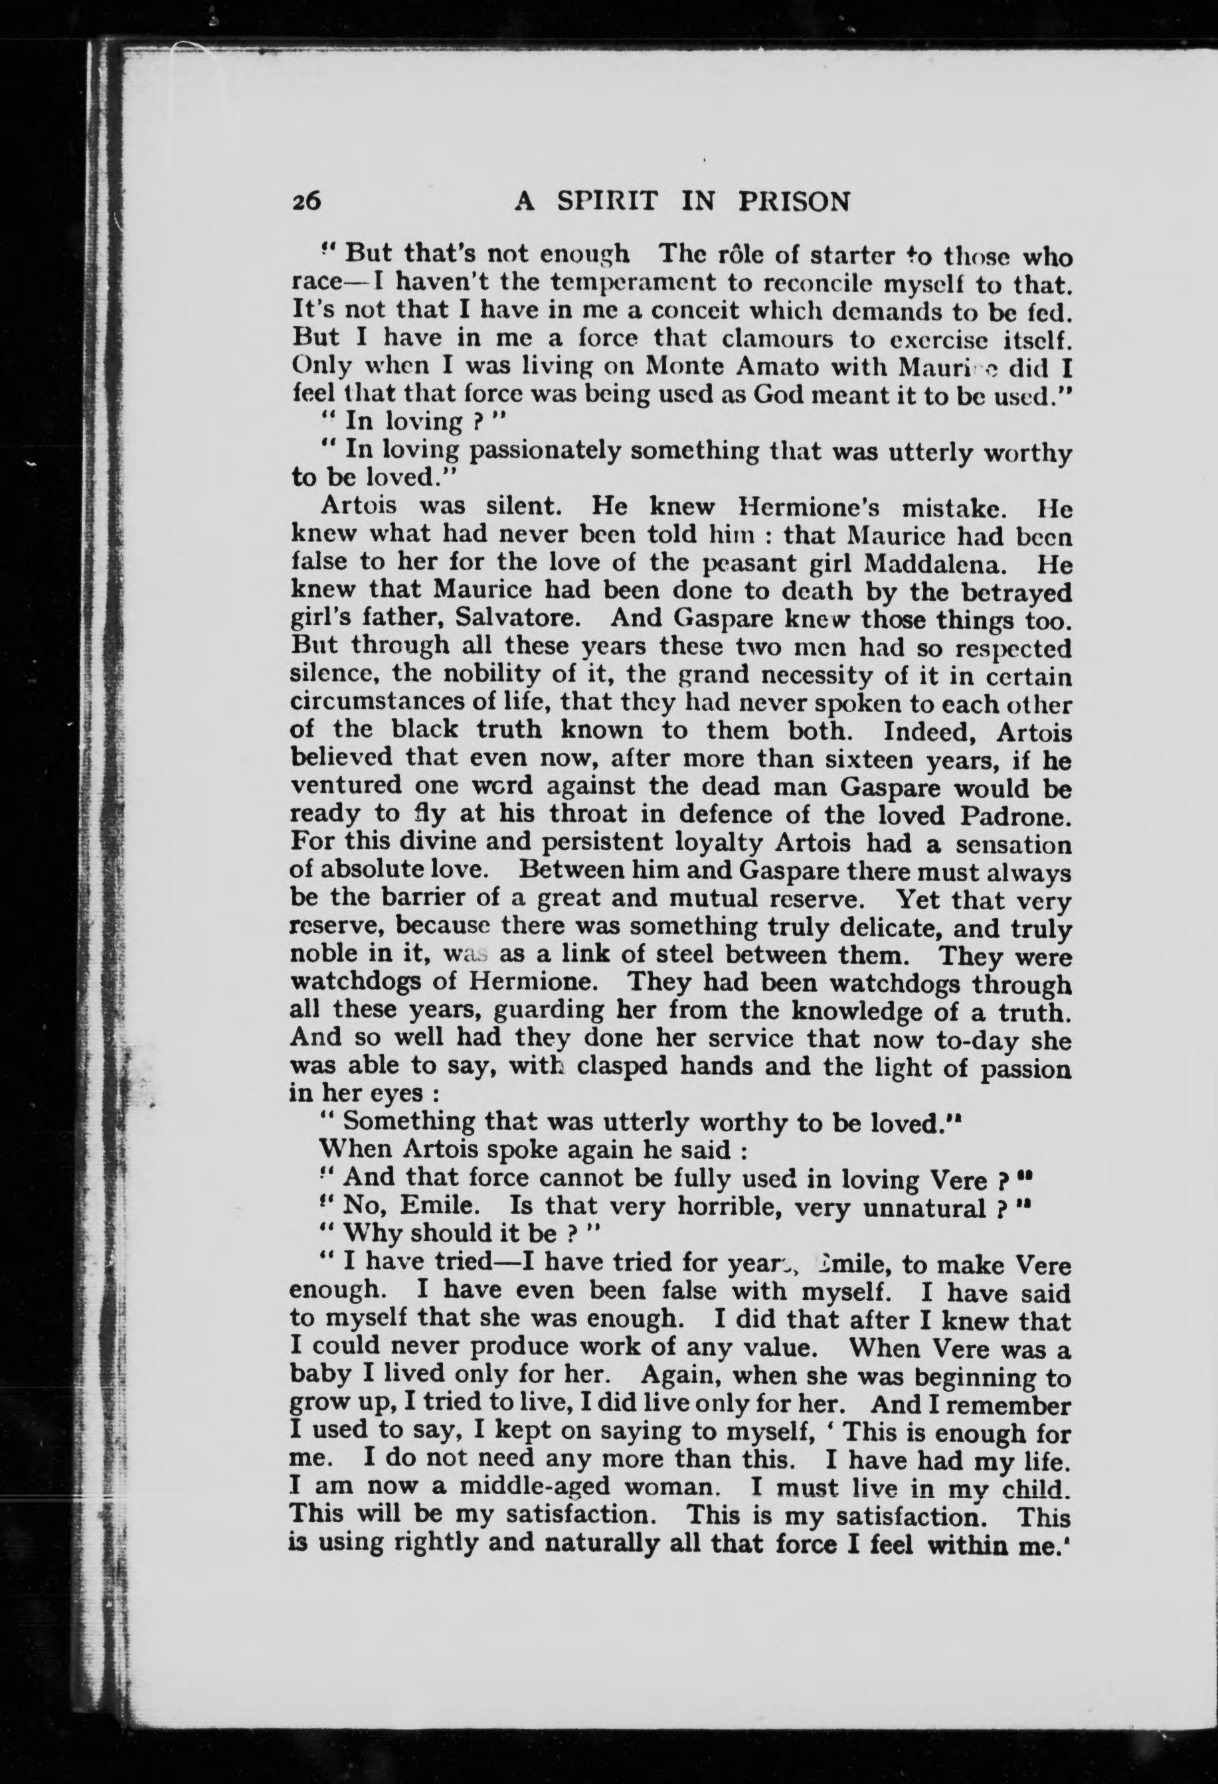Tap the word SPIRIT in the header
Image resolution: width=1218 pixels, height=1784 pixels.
[607, 202]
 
